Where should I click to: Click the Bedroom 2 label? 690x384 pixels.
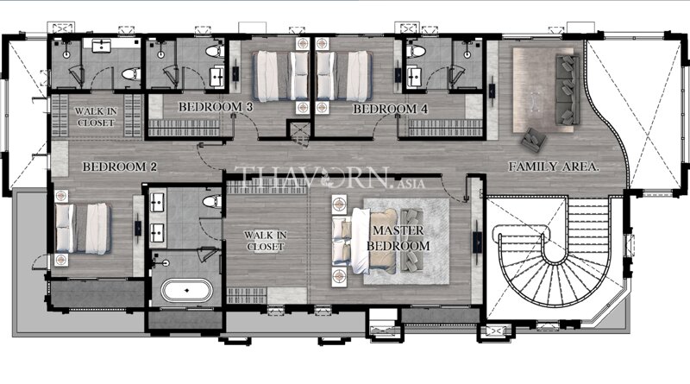click(x=119, y=167)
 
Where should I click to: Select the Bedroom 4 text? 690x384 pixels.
click(x=390, y=109)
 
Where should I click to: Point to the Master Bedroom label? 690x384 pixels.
click(x=398, y=238)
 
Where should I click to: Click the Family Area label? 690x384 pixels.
click(x=554, y=167)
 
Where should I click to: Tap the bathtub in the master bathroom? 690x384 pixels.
click(x=186, y=291)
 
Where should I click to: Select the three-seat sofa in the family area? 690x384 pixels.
click(x=568, y=90)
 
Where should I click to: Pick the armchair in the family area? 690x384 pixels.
click(x=534, y=140)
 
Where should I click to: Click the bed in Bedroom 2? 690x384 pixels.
click(x=82, y=229)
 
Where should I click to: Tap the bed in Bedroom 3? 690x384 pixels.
click(x=281, y=76)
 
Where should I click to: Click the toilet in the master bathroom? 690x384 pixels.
click(x=212, y=201)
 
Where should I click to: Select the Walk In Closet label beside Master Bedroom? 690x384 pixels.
click(x=266, y=241)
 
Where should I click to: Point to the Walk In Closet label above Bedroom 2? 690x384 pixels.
click(x=96, y=117)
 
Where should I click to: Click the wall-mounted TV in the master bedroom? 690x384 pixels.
click(x=478, y=242)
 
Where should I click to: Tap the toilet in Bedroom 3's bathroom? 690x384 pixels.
click(x=214, y=52)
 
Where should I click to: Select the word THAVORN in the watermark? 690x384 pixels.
click(x=311, y=178)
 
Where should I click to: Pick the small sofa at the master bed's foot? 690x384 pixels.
click(x=412, y=241)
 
